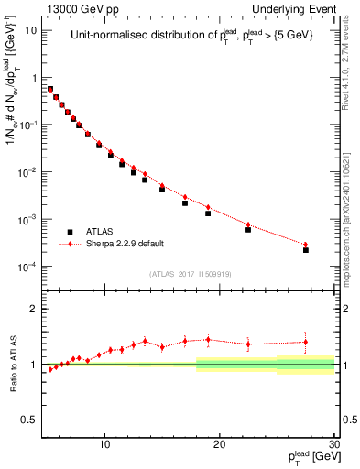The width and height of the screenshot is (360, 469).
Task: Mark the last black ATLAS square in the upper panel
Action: (x=306, y=249)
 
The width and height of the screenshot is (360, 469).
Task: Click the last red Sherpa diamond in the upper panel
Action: (x=306, y=245)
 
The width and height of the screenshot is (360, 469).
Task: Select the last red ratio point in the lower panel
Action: (x=306, y=342)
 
